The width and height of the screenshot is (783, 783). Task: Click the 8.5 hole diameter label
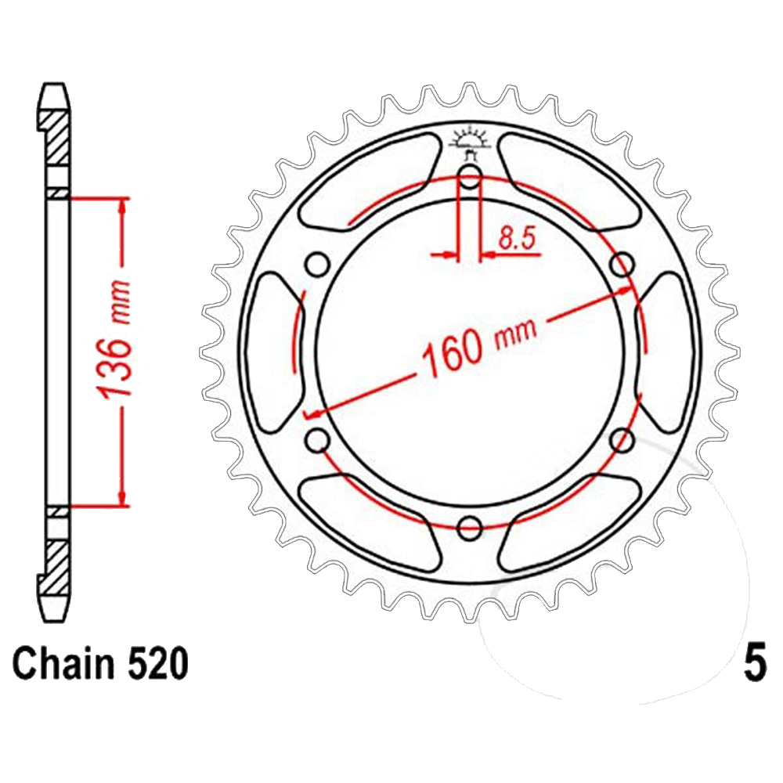pos(517,238)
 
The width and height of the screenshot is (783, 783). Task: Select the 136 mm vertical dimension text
pos(114,340)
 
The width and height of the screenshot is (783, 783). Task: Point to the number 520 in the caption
pos(158,664)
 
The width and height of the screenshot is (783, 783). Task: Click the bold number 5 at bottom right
pos(755,664)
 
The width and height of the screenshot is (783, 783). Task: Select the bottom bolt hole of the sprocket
pos(469,528)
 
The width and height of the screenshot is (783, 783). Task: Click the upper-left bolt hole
pos(317,264)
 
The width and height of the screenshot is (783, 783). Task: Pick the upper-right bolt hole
pos(622,264)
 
